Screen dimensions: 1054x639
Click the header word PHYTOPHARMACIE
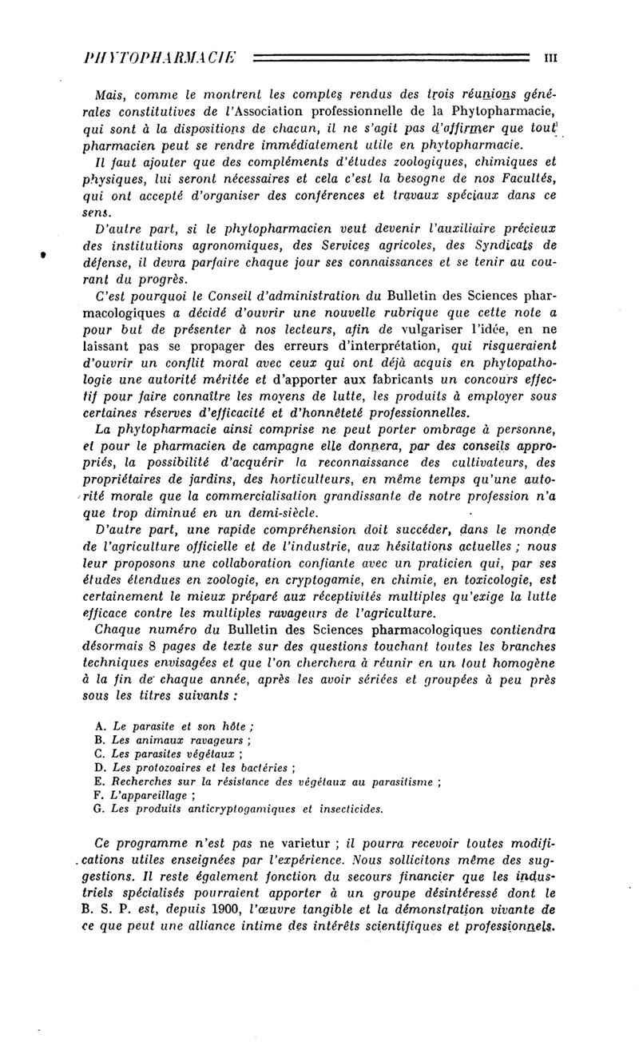(x=162, y=58)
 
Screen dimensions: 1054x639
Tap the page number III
(x=550, y=58)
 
